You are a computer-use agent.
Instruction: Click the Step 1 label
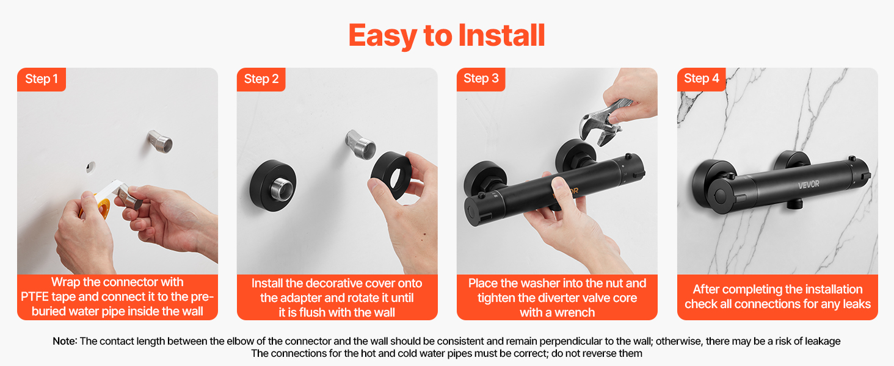tap(42, 79)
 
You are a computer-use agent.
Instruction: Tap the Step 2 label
tap(261, 79)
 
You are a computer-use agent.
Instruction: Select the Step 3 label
tap(481, 78)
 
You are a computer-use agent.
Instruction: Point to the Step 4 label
tap(701, 78)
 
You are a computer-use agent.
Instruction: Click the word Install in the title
tap(502, 35)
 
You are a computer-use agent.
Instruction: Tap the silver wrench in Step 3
tap(603, 122)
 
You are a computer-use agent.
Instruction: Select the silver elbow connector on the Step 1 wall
tap(159, 141)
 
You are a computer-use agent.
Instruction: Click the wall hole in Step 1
tap(91, 167)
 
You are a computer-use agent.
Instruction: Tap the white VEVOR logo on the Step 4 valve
tap(809, 185)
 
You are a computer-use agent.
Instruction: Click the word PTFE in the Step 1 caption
tap(35, 296)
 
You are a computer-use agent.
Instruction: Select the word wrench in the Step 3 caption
tap(575, 312)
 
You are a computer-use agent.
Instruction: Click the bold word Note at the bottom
tap(64, 341)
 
